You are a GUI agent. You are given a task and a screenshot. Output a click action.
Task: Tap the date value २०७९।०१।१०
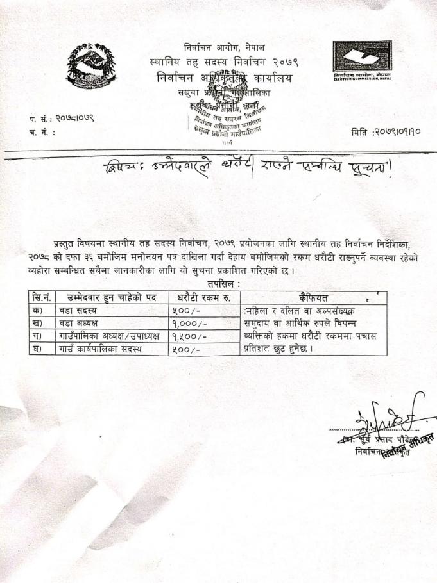click(396, 133)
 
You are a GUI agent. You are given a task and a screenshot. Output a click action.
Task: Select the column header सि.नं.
click(41, 297)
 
